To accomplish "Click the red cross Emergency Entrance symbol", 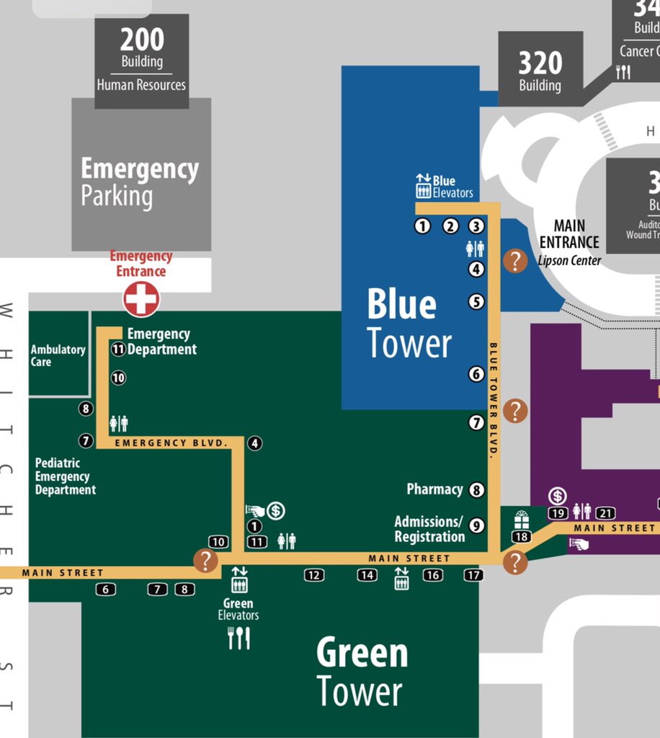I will pyautogui.click(x=141, y=298).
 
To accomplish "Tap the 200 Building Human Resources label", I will pyautogui.click(x=141, y=61).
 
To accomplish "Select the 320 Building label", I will pyautogui.click(x=540, y=71).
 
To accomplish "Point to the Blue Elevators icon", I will pyautogui.click(x=423, y=186).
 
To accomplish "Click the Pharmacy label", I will pyautogui.click(x=434, y=489).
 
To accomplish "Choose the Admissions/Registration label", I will pyautogui.click(x=429, y=529).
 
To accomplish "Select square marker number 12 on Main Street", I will pyautogui.click(x=313, y=575).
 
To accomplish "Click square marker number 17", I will pyautogui.click(x=473, y=575).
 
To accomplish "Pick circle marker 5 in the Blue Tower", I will pyautogui.click(x=476, y=302).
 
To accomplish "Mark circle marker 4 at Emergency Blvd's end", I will pyautogui.click(x=254, y=443).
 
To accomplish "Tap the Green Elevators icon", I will pyautogui.click(x=239, y=579).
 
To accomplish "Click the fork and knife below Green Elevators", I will pyautogui.click(x=238, y=638).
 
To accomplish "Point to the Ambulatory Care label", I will pyautogui.click(x=58, y=355).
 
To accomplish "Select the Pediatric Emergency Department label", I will pyautogui.click(x=65, y=476).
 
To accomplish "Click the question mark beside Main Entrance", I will pyautogui.click(x=515, y=261).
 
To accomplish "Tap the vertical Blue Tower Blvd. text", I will pyautogui.click(x=494, y=400).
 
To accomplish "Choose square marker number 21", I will pyautogui.click(x=605, y=514).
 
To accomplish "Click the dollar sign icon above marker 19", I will pyautogui.click(x=557, y=496).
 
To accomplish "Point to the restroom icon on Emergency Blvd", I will pyautogui.click(x=118, y=423).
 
